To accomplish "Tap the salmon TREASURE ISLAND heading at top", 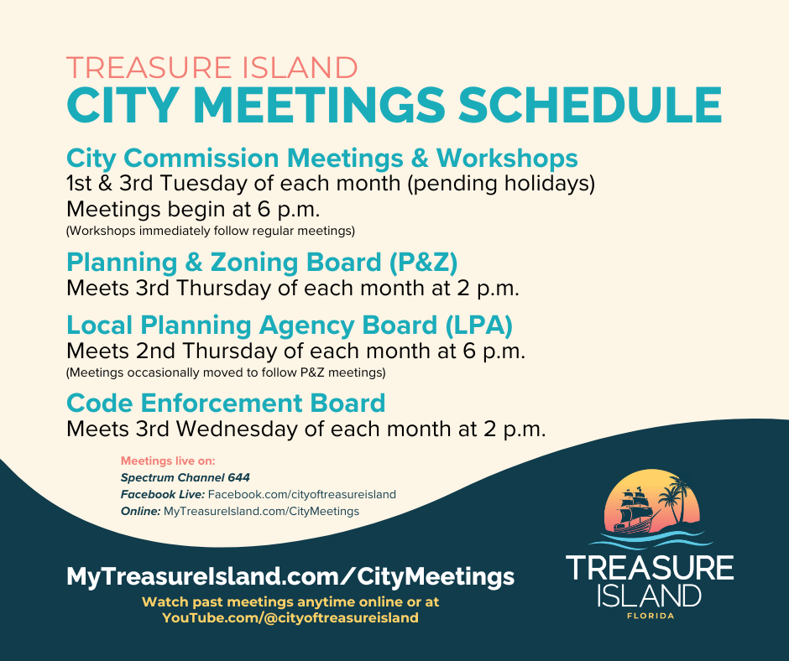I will coord(212,67).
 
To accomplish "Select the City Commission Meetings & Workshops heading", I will coord(321,158).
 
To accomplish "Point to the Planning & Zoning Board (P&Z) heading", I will coord(262,263).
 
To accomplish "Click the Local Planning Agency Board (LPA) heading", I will coord(290,325).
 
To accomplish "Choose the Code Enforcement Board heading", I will coord(226,403).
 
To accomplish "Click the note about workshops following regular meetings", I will coord(211,230).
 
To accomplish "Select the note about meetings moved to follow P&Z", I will coord(226,372).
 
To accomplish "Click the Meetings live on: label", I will coord(168,461).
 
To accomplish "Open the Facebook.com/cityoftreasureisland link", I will coord(301,494).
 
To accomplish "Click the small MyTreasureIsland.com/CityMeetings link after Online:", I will coord(261,511).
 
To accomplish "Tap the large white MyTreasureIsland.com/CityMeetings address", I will coord(290,576).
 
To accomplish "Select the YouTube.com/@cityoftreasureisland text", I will coord(290,618).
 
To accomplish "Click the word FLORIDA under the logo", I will coord(650,616).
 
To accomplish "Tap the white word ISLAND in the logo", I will coord(650,596).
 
